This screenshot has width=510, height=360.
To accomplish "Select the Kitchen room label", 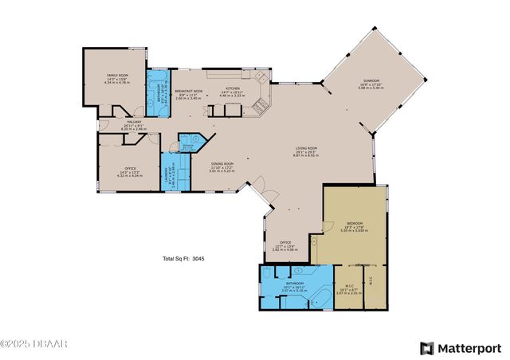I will click(x=233, y=88).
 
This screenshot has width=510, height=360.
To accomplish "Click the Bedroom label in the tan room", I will click(x=355, y=223).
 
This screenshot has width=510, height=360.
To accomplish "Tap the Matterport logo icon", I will click(x=427, y=348).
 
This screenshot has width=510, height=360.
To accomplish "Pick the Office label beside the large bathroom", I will click(x=285, y=243).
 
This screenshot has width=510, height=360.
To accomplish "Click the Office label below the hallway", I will click(x=130, y=168).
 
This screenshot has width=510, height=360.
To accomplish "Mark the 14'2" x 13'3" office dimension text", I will click(x=130, y=173).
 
